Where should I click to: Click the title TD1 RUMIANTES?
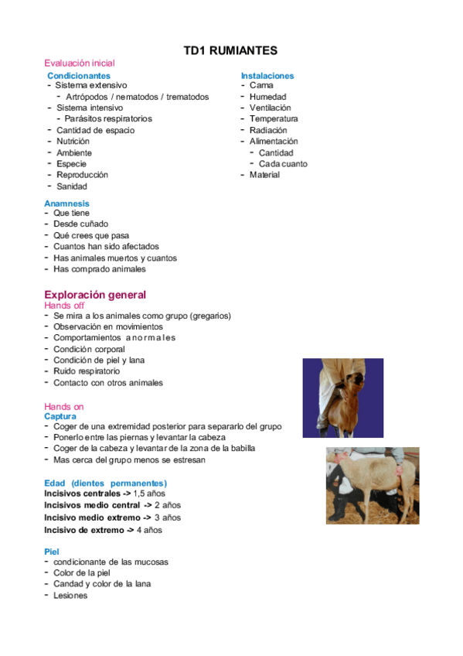[230, 51]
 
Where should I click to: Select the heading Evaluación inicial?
[80, 63]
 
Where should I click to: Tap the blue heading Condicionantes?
[79, 76]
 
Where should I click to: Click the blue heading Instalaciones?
[267, 76]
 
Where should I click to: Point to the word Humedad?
[267, 97]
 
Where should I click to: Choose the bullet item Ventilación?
[271, 108]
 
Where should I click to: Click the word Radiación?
[268, 131]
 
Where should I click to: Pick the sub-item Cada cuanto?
[283, 164]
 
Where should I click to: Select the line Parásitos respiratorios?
[108, 119]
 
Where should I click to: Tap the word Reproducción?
[83, 175]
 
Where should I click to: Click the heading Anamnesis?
[66, 203]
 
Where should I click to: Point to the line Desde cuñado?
[81, 224]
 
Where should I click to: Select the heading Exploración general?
[95, 295]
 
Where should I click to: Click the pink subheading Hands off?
[64, 306]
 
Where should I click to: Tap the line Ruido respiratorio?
[87, 371]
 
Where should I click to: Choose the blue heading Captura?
[60, 416]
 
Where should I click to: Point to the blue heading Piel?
[52, 552]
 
